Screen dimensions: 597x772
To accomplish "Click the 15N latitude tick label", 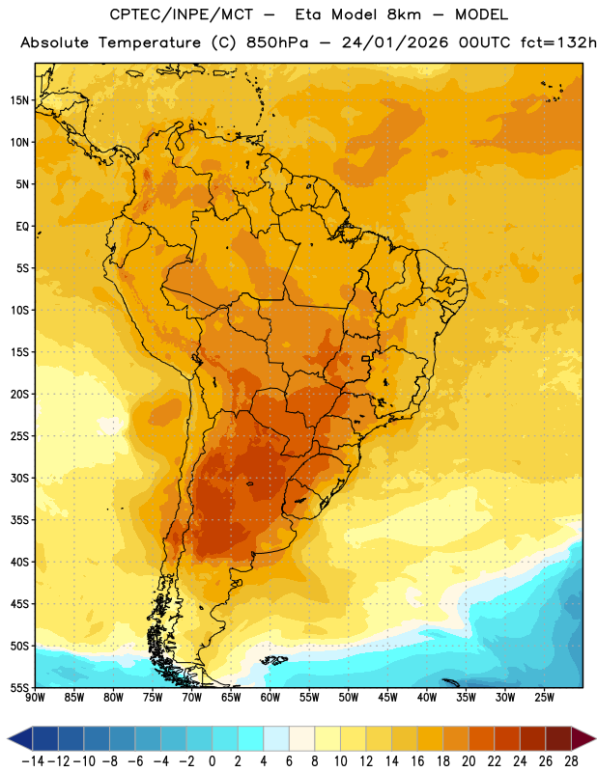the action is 19,100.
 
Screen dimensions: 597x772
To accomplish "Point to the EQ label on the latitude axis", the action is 22,227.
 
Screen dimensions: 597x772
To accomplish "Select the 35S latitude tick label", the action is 19,520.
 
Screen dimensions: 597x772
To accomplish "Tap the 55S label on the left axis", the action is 19,687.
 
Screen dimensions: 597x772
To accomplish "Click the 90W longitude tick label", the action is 35,698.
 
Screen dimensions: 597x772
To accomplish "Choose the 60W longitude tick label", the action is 270,698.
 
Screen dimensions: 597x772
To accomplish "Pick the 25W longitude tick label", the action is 544,698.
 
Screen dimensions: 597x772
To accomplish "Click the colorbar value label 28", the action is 571,761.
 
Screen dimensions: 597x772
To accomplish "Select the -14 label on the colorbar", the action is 33,761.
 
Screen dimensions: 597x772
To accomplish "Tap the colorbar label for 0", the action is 212,761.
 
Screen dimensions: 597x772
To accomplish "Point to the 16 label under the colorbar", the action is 417,761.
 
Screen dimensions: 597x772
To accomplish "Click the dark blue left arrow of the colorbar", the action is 20,738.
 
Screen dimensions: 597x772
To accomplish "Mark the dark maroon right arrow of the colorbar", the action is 583,738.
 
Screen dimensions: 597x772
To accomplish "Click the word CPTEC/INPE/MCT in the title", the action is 182,14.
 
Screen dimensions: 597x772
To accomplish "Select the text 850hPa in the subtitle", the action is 277,42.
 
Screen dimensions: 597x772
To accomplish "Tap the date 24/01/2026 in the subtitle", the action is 395,42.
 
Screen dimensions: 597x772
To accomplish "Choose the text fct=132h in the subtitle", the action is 558,42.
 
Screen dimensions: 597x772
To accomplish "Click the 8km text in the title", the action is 404,14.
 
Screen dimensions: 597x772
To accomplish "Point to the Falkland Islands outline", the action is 274,660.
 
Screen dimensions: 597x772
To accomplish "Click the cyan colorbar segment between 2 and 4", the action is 250,738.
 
